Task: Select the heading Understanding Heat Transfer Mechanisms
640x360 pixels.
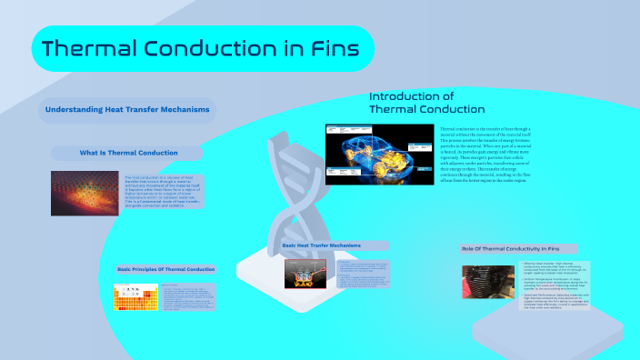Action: pyautogui.click(x=127, y=111)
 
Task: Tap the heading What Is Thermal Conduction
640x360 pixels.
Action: pyautogui.click(x=128, y=153)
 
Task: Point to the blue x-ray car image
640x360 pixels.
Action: pyautogui.click(x=379, y=155)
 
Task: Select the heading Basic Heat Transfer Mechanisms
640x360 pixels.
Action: pyautogui.click(x=322, y=246)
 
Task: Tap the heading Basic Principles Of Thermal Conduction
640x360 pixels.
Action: pyautogui.click(x=166, y=269)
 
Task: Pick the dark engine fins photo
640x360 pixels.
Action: pyautogui.click(x=488, y=285)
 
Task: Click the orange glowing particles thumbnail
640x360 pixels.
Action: pyautogui.click(x=85, y=192)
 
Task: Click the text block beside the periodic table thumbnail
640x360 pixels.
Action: pyautogui.click(x=188, y=297)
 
